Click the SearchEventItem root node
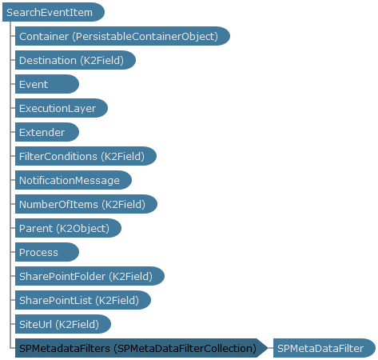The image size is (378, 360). (54, 12)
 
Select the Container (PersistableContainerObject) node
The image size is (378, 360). (122, 36)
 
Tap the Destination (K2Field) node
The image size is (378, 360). (75, 60)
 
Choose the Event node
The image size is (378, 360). (47, 84)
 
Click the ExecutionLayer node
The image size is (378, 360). (62, 108)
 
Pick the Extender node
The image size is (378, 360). (47, 132)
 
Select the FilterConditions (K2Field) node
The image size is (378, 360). (86, 156)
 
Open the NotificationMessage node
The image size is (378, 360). (74, 180)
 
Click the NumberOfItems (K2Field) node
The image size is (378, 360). (86, 204)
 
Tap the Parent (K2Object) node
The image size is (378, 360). (68, 228)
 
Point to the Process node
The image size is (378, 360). (47, 252)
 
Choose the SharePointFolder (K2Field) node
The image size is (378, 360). (90, 276)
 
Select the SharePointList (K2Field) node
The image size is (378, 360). (83, 300)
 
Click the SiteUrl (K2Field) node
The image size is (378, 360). (63, 324)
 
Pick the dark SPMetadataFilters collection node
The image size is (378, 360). (141, 348)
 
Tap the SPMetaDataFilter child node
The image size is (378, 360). (324, 348)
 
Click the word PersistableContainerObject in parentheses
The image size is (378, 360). (145, 37)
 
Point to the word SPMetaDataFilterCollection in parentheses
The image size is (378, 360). (185, 349)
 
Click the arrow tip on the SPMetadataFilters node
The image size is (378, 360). (268, 348)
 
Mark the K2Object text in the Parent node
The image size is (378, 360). (83, 229)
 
